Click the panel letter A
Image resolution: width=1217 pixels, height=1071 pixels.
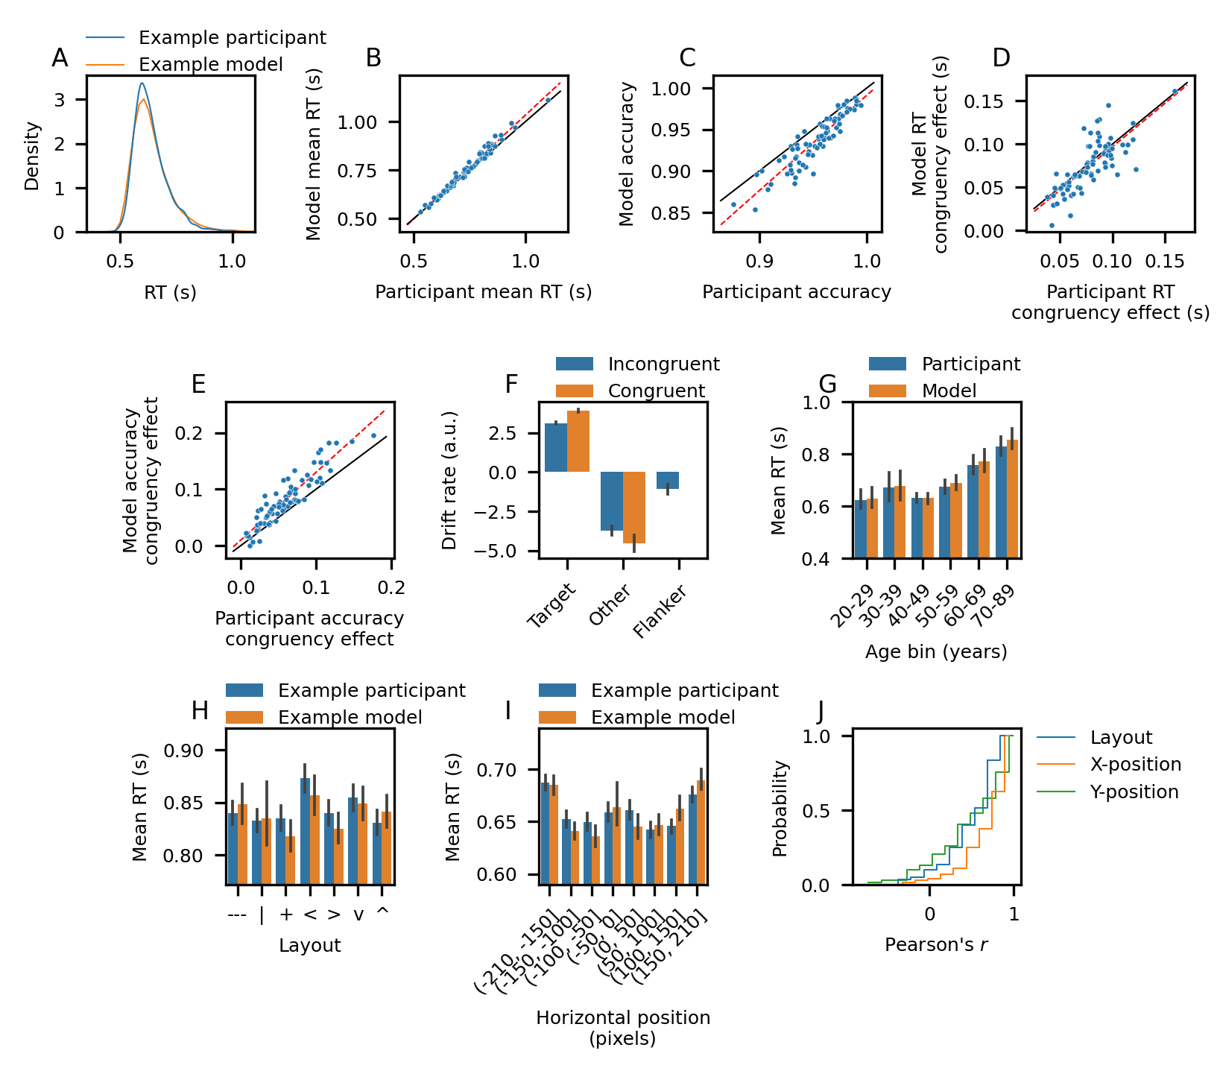click(x=60, y=58)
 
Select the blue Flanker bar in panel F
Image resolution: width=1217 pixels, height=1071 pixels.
click(x=668, y=481)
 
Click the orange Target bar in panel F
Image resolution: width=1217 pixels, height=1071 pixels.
click(x=578, y=441)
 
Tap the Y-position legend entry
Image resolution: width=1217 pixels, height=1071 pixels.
click(x=1134, y=792)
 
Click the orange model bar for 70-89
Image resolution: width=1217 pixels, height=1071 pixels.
click(x=1012, y=499)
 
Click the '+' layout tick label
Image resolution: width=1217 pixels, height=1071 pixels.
click(x=286, y=914)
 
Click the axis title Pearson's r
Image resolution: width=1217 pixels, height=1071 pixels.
click(x=936, y=945)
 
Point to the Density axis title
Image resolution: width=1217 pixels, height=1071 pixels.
click(x=32, y=157)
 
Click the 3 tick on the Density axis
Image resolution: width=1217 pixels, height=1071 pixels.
click(x=59, y=100)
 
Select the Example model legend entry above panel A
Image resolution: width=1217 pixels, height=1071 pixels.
click(x=210, y=65)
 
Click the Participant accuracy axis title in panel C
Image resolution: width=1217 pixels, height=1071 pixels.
click(x=797, y=291)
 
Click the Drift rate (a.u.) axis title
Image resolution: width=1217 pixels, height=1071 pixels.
click(x=449, y=480)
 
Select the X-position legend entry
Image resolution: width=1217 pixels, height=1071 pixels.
click(x=1135, y=764)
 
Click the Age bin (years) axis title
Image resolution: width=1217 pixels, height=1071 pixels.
click(x=936, y=652)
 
